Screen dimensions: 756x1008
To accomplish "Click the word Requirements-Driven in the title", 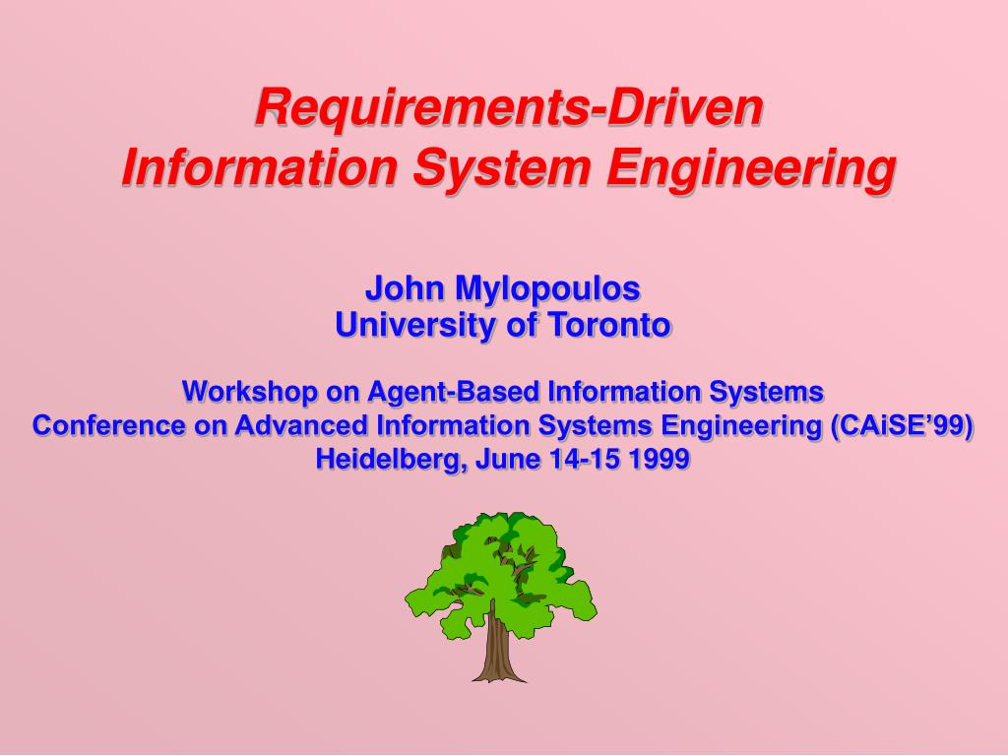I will (509, 107).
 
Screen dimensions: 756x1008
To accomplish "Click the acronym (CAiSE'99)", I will (902, 425).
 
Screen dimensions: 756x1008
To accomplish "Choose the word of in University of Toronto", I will (520, 324).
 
